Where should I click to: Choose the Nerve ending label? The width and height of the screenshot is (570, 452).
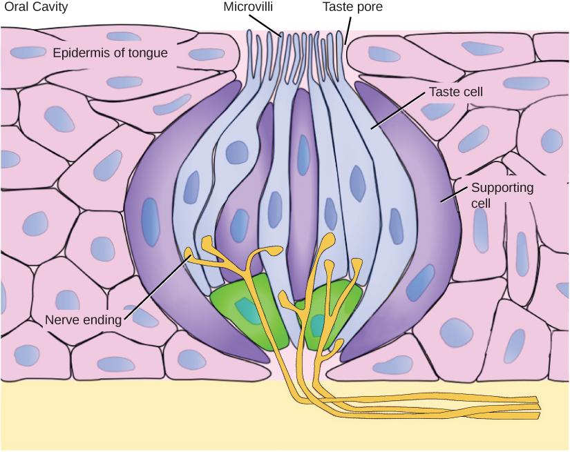pos(82,320)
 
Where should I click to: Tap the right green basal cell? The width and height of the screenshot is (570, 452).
pos(332,314)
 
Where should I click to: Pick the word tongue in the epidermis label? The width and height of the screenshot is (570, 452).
pos(149,52)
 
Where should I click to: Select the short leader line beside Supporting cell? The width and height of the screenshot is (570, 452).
pos(453,198)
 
